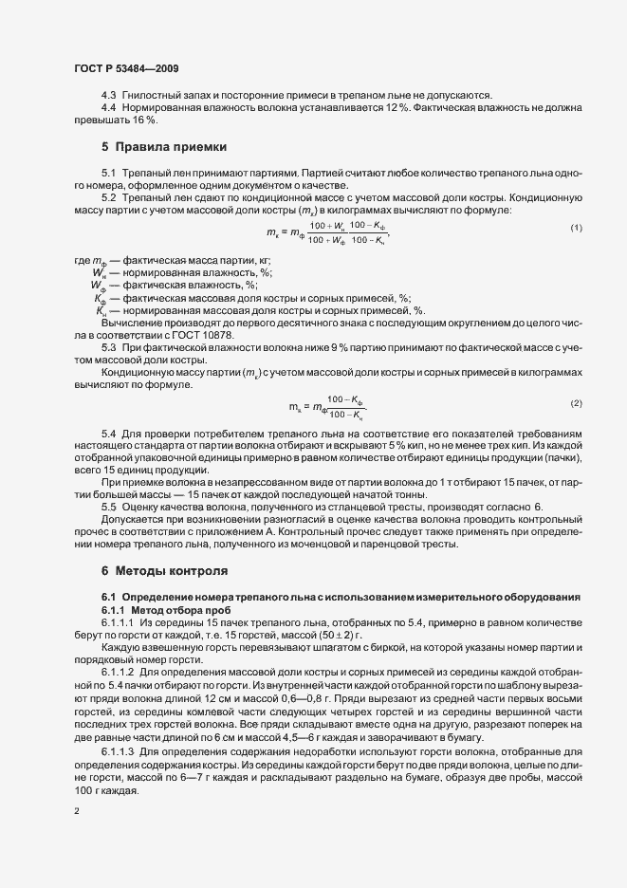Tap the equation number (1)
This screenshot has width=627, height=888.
(x=576, y=230)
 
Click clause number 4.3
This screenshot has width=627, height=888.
(x=109, y=96)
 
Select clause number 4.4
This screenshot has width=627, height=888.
(x=109, y=108)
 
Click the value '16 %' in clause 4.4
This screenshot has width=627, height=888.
(x=145, y=120)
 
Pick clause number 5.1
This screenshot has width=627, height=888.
(x=109, y=174)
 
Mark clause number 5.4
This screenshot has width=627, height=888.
(x=109, y=433)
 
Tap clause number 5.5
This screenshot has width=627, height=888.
(x=109, y=507)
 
